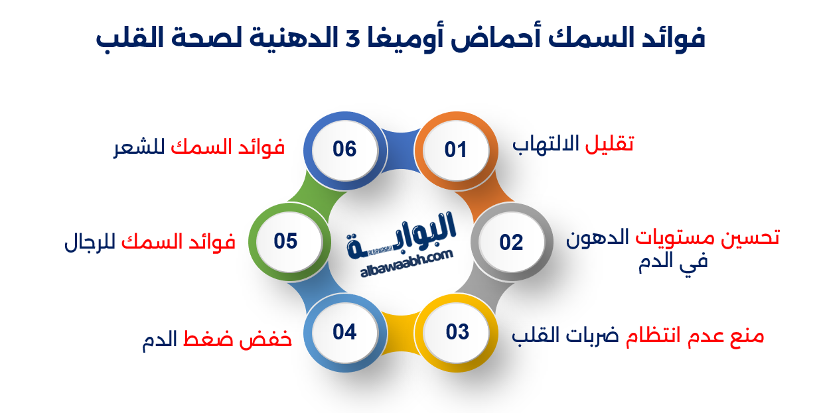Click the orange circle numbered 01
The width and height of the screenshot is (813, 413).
(x=456, y=150)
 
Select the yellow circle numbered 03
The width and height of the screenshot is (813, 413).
(x=457, y=331)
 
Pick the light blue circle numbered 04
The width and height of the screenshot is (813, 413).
(x=344, y=331)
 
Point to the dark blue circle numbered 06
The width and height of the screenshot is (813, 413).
(x=344, y=149)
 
